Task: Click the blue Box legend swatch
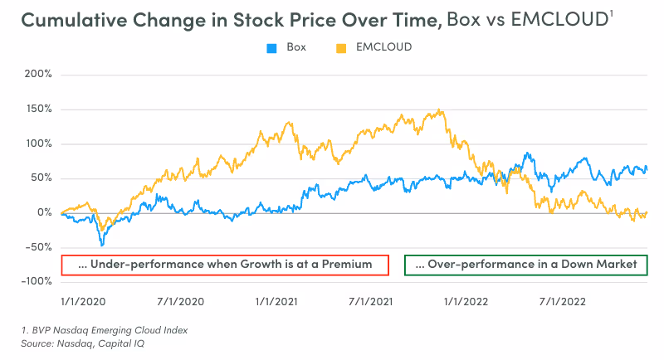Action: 271,47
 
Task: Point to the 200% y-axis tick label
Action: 38,74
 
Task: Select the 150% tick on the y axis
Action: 38,109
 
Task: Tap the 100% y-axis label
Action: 38,144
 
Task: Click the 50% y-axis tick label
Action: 40,178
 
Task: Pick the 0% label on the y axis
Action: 43,213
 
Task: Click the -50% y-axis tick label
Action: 38,247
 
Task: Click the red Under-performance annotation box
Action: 225,265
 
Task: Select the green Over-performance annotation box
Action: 525,265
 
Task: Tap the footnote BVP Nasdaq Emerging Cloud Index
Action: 105,330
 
